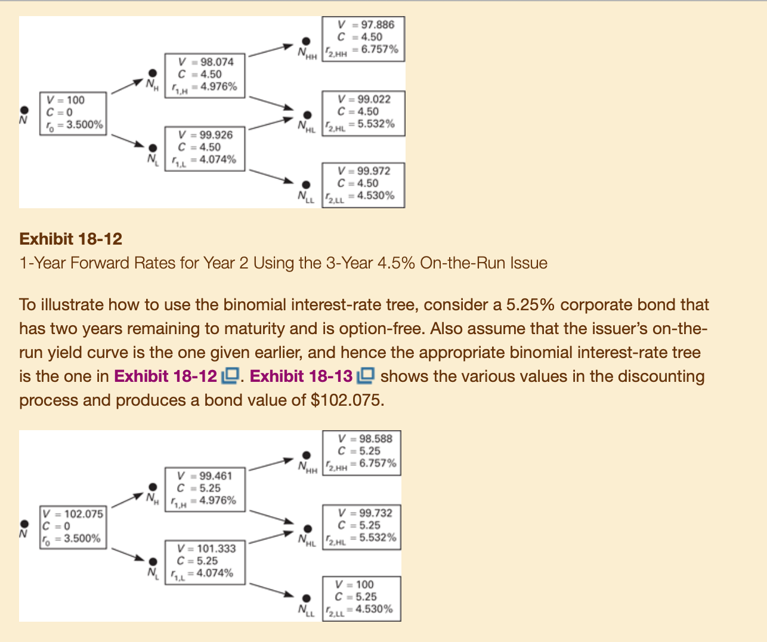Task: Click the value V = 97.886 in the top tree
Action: point(366,24)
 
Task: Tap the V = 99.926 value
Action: point(205,135)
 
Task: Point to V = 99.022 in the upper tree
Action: point(363,99)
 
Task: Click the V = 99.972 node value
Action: point(363,171)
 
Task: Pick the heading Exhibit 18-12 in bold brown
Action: point(70,239)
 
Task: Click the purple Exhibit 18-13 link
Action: point(301,376)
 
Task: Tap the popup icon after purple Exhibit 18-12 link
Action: point(230,376)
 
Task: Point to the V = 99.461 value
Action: point(205,476)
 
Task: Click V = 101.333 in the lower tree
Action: point(206,549)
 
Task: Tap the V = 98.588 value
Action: point(364,439)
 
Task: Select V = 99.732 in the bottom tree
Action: point(364,513)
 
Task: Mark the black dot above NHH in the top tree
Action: point(306,41)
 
